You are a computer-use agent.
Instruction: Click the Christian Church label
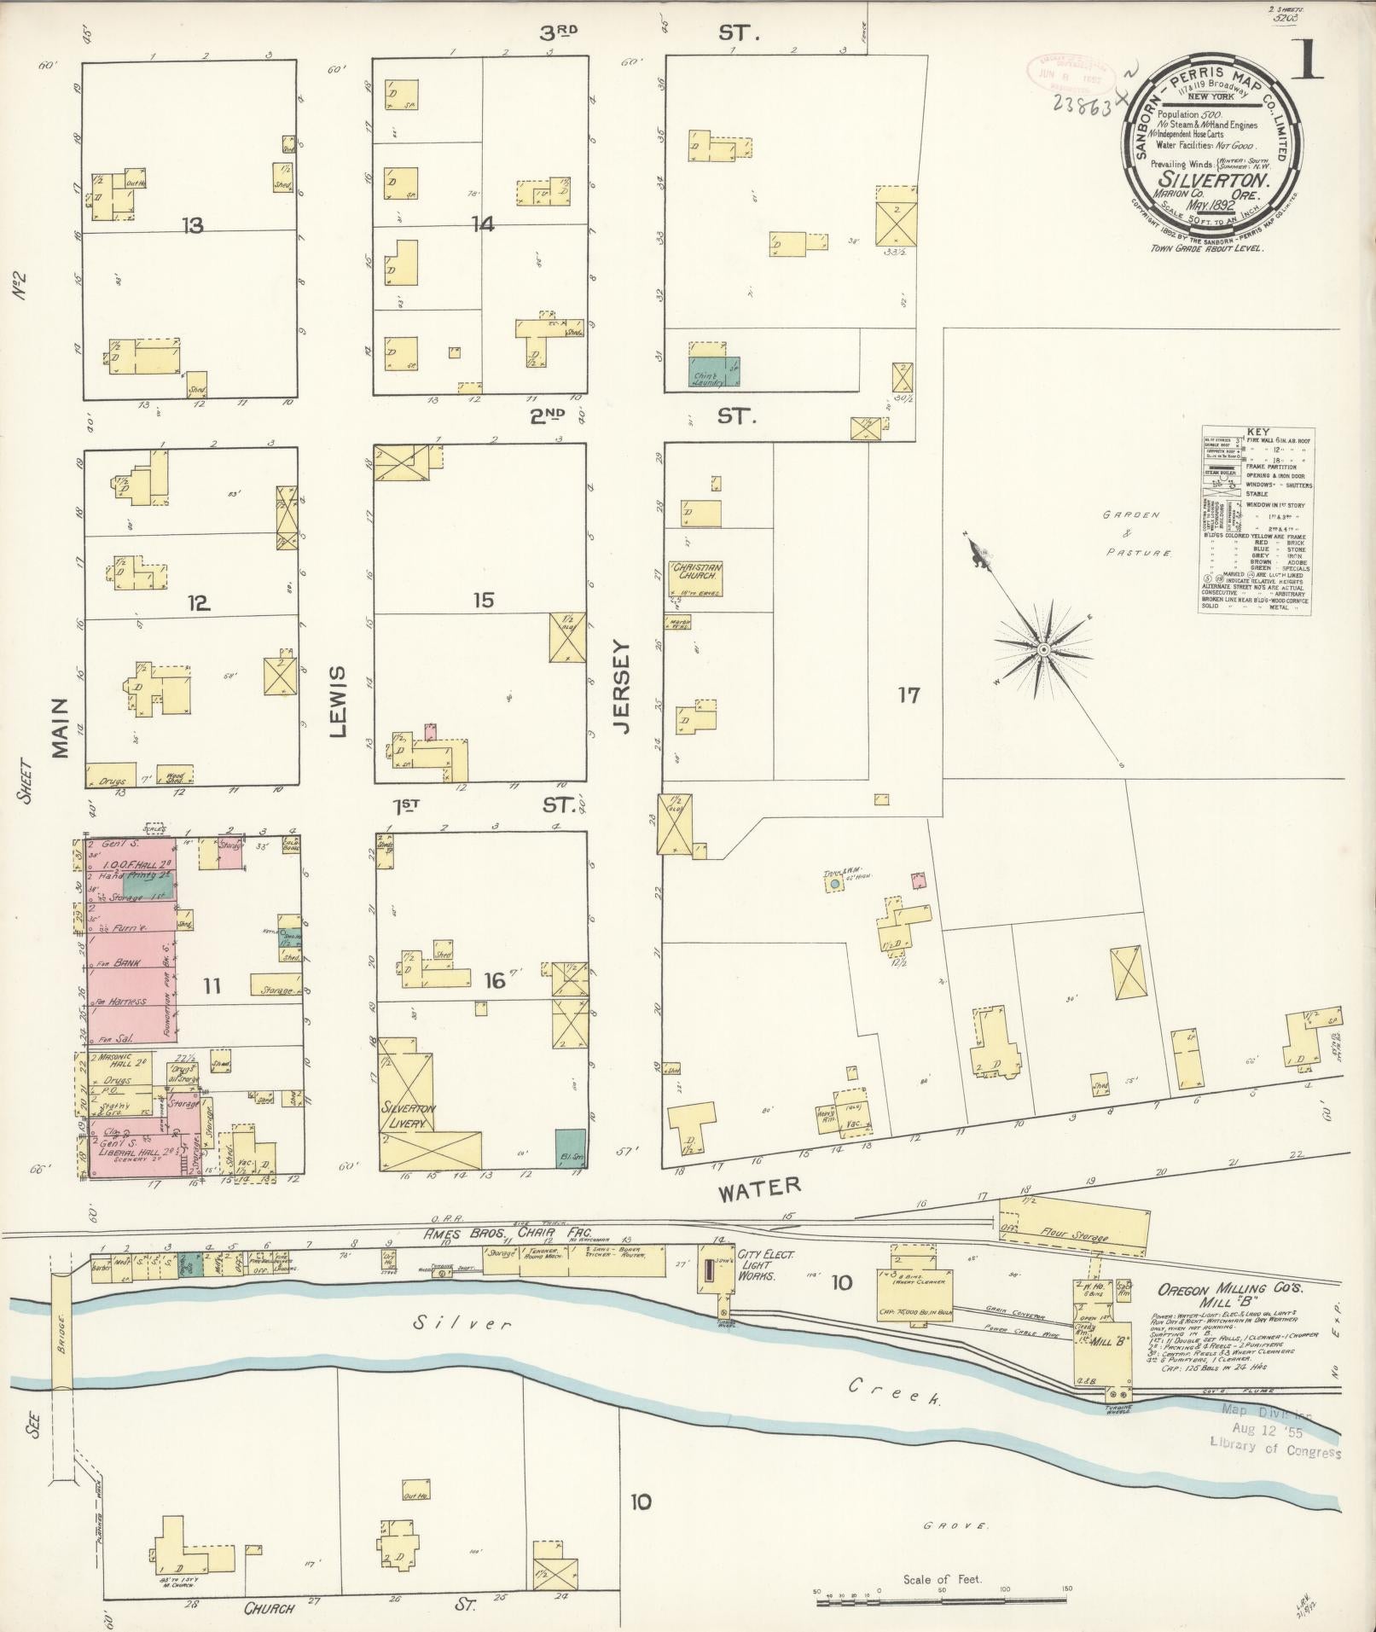(x=695, y=571)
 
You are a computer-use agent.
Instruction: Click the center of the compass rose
(x=1042, y=650)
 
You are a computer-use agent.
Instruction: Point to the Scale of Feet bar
(x=941, y=1602)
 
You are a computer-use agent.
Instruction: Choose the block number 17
(x=909, y=695)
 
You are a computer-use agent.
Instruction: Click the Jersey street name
(x=620, y=688)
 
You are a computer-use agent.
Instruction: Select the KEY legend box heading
(x=1257, y=432)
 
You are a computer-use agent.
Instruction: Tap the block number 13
(x=193, y=225)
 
